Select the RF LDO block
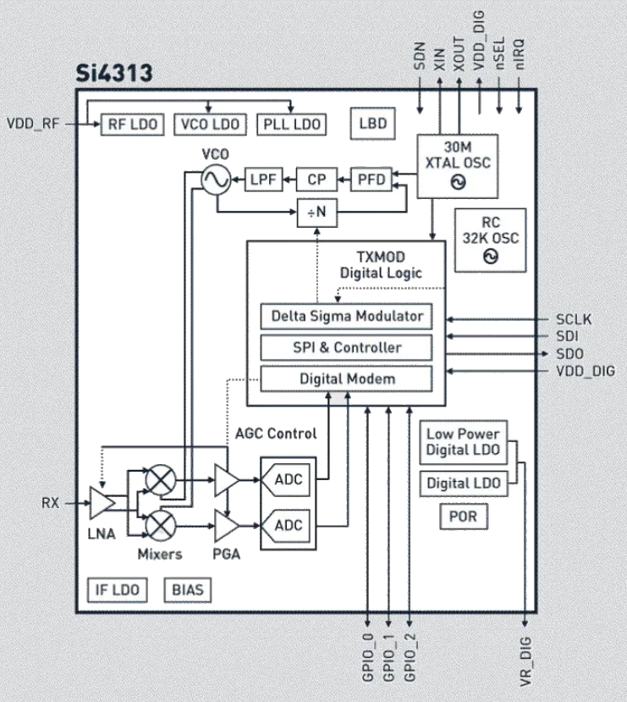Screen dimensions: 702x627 click(133, 124)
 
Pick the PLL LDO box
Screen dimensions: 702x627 click(289, 124)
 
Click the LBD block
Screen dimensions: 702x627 click(372, 124)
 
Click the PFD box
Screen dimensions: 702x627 click(371, 179)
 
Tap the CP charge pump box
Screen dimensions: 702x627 click(316, 179)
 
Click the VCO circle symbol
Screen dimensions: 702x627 click(216, 179)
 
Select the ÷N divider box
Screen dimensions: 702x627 click(316, 213)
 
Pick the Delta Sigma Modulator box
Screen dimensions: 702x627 click(346, 317)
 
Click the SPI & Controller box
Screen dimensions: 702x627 click(346, 347)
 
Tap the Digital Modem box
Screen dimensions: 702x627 click(346, 379)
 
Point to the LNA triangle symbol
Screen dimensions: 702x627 click(102, 502)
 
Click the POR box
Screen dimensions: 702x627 click(463, 517)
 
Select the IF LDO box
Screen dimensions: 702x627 click(117, 589)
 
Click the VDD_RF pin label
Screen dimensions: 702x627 click(34, 124)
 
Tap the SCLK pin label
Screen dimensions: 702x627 click(574, 319)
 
